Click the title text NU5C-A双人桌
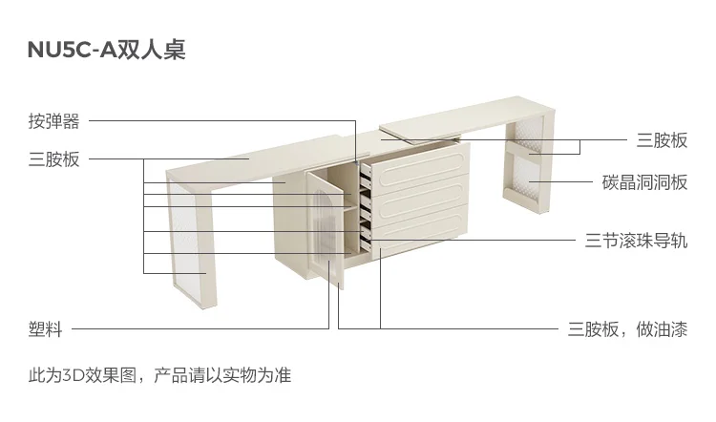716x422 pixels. (x=106, y=51)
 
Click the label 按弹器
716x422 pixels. (x=53, y=121)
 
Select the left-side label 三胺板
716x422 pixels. (x=53, y=158)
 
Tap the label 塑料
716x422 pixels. (x=45, y=329)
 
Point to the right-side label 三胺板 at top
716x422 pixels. (x=662, y=140)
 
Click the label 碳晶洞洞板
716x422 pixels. (x=644, y=181)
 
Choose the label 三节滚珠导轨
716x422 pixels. (x=636, y=240)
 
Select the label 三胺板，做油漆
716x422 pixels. (x=627, y=329)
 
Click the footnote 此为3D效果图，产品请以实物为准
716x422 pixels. (x=159, y=375)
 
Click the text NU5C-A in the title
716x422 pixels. (x=72, y=51)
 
